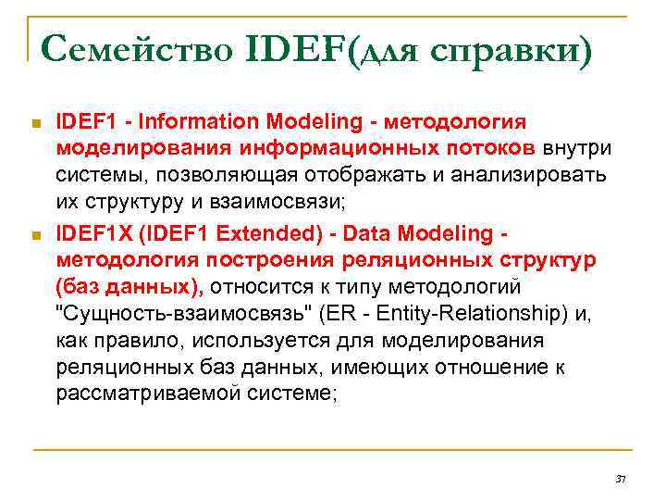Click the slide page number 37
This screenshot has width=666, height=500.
pyautogui.click(x=621, y=479)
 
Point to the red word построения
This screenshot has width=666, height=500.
pyautogui.click(x=236, y=260)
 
